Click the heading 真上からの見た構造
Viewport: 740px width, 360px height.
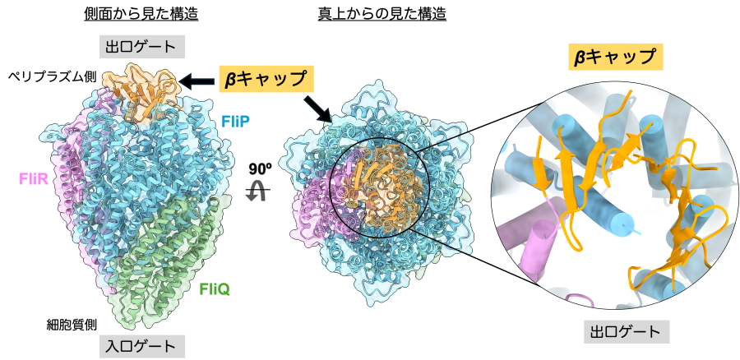pyautogui.click(x=382, y=14)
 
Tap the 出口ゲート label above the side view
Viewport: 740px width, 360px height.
pyautogui.click(x=142, y=45)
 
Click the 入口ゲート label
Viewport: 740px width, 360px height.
pyautogui.click(x=142, y=346)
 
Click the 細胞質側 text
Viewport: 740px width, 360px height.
pyautogui.click(x=72, y=324)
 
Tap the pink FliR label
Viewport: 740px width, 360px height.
pyautogui.click(x=32, y=177)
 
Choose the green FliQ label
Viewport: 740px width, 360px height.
pyautogui.click(x=215, y=288)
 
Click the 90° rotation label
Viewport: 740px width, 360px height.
pyautogui.click(x=260, y=168)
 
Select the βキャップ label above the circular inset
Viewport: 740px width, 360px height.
pyautogui.click(x=616, y=57)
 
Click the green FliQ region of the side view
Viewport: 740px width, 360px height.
pyautogui.click(x=173, y=247)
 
